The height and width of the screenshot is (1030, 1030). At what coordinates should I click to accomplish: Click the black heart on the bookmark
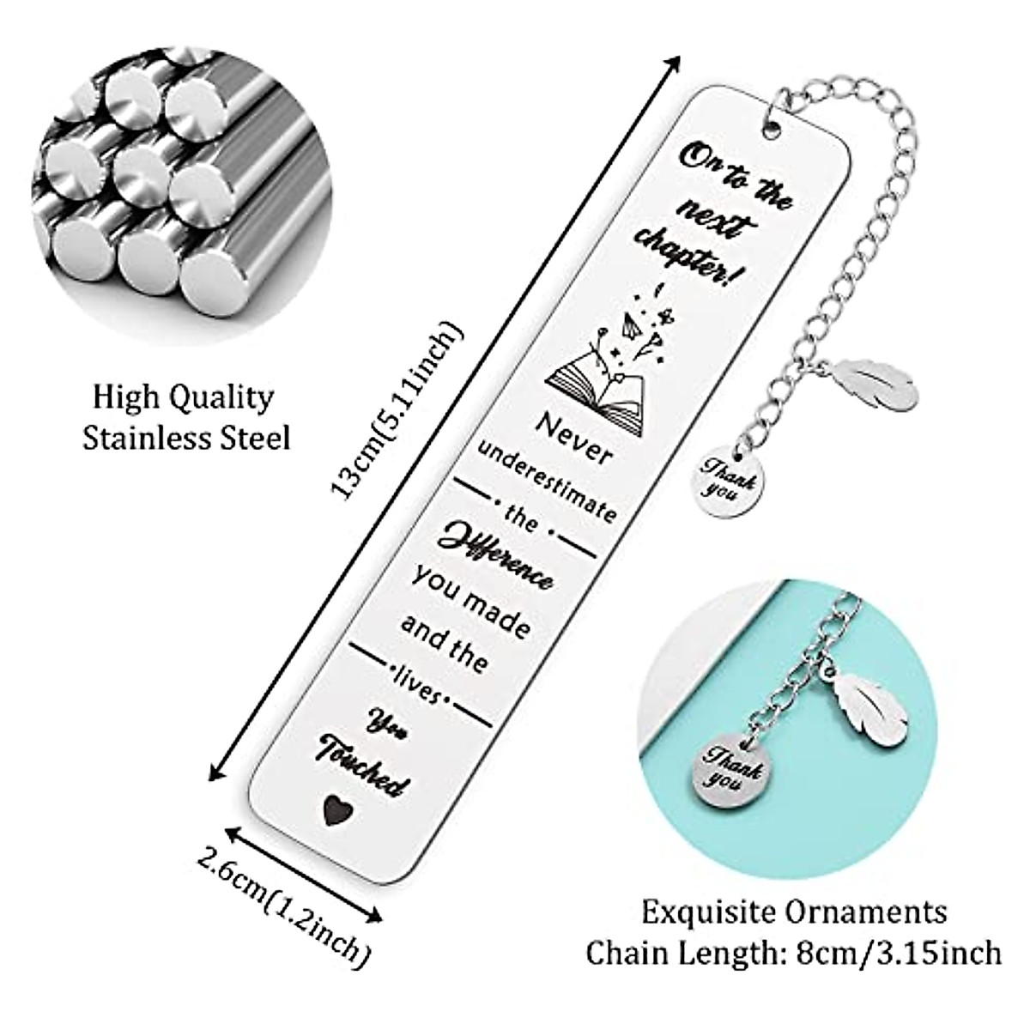coord(332,808)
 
